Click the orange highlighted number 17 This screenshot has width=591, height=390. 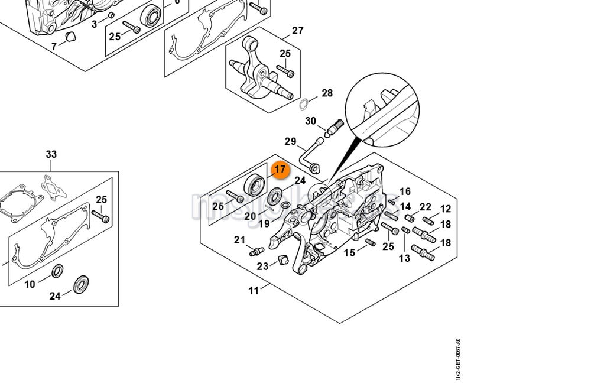coord(280,170)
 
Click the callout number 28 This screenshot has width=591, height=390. coord(327,93)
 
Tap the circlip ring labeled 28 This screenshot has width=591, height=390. coord(305,105)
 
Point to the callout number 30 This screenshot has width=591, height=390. coord(310,121)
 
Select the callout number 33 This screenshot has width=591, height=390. coord(51,155)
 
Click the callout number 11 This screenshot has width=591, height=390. coord(254,290)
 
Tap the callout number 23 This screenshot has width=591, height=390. coord(262,266)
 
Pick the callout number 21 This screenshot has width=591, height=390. coord(239,239)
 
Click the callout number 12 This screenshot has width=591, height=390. coord(445,209)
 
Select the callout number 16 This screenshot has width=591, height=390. coord(405,191)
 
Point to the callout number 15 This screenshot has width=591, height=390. coord(350,252)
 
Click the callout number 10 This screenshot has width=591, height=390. coord(30,284)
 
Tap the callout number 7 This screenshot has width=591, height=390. coord(54,46)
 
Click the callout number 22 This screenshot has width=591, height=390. coord(426,207)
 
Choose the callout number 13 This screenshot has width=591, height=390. coord(404,258)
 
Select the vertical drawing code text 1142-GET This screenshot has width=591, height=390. coord(457,359)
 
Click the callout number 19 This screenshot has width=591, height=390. coord(263,223)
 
